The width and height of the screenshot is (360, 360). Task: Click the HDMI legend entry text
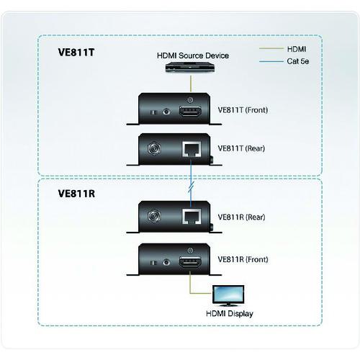tap(296, 48)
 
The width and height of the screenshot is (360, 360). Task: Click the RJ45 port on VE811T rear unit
tap(190, 149)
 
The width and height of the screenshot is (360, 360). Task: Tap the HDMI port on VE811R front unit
tap(189, 261)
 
